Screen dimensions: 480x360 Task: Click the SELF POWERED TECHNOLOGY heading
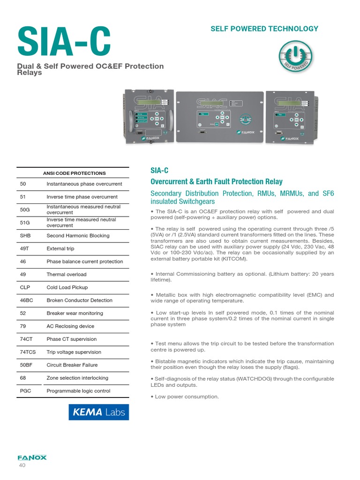264,29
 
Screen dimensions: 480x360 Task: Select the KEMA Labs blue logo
98,412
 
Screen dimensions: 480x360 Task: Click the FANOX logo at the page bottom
32,457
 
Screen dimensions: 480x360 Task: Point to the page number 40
22,465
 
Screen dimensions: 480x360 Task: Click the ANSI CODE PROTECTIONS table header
75,173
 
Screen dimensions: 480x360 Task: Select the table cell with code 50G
25,210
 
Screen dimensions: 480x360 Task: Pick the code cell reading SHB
25,236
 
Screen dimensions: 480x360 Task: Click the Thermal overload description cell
67,274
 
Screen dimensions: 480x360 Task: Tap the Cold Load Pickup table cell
67,287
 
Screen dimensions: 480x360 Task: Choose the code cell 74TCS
28,352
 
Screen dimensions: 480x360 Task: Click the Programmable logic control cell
78,391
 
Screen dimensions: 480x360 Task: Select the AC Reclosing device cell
70,326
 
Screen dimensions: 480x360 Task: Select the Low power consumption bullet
185,397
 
